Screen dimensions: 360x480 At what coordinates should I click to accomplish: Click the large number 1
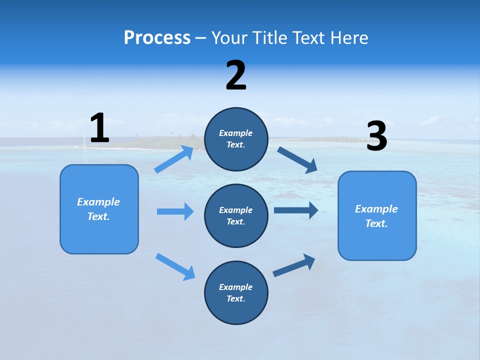[99, 128]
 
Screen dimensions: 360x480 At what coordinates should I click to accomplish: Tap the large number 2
[236, 75]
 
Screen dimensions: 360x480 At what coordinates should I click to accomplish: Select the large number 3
[376, 136]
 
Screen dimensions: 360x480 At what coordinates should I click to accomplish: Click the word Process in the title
[157, 37]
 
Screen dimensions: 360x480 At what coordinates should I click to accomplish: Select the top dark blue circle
[236, 139]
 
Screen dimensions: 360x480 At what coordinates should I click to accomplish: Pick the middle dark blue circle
[236, 216]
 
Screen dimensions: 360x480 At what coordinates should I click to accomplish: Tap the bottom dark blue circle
[236, 293]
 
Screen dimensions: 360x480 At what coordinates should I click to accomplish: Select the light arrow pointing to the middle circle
[175, 211]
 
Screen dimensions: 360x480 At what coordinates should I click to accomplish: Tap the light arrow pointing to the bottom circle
[175, 266]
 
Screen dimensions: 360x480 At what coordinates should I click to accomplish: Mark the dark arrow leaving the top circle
[297, 160]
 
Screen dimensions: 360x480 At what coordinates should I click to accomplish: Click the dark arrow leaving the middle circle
[295, 210]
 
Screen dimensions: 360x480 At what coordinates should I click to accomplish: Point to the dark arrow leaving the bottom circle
[294, 265]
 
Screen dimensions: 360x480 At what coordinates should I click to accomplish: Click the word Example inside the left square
[98, 202]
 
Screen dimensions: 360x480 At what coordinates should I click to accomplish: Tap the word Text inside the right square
[376, 223]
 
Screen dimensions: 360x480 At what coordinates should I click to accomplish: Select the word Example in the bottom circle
[235, 287]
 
